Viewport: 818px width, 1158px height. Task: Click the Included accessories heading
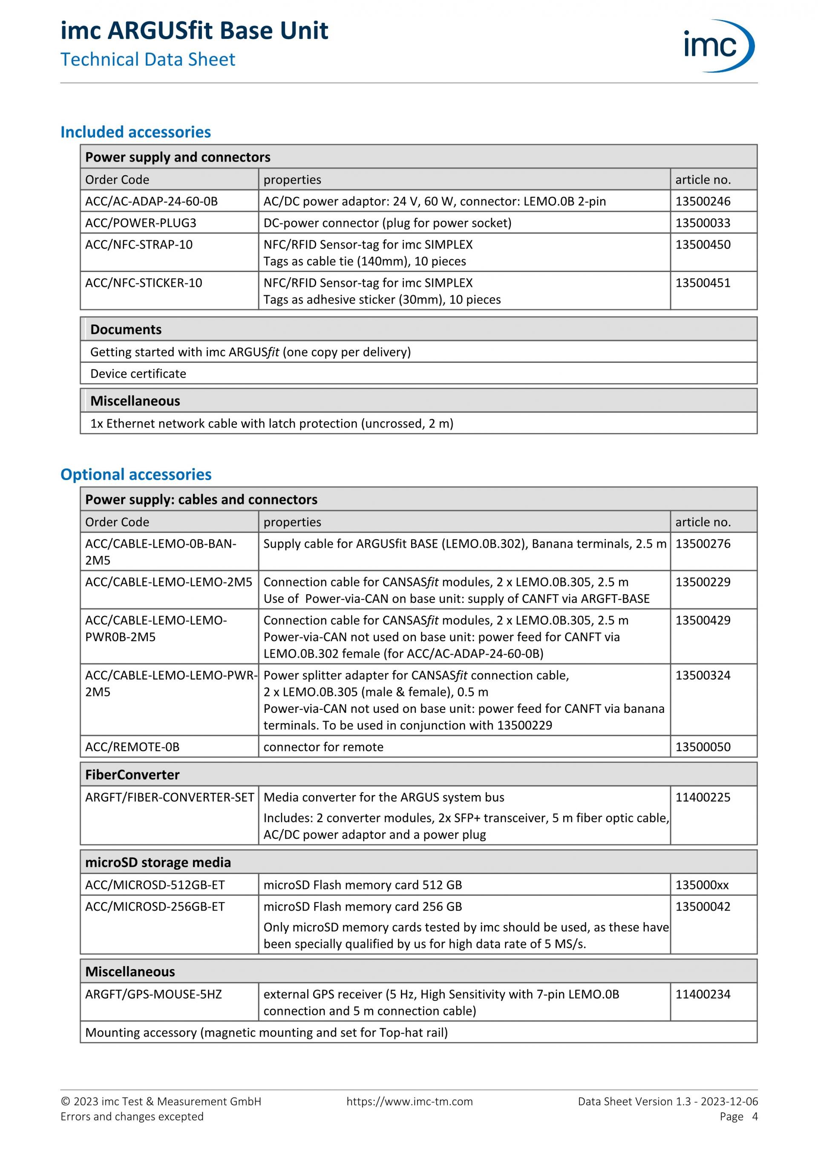(135, 132)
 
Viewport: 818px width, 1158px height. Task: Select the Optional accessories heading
(135, 474)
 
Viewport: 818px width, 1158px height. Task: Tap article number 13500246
(703, 201)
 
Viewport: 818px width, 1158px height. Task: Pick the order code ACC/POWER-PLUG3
(141, 223)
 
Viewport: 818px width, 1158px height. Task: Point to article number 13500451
(703, 283)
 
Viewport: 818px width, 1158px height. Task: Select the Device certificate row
(138, 374)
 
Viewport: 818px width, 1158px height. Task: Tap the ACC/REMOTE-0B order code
(132, 747)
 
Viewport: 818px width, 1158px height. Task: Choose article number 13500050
(703, 747)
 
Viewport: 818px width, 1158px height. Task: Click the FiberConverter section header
(132, 775)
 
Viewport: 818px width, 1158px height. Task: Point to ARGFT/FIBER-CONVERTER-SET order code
(169, 797)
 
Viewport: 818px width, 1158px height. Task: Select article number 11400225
(703, 797)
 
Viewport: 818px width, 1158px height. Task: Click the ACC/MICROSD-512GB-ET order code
(155, 885)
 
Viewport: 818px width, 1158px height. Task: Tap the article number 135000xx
(702, 885)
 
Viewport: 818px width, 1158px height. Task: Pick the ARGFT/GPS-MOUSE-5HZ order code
(153, 994)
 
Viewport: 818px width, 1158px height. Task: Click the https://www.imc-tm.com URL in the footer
(409, 1102)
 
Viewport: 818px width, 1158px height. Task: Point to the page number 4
(755, 1117)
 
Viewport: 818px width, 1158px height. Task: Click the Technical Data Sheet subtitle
(148, 60)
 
